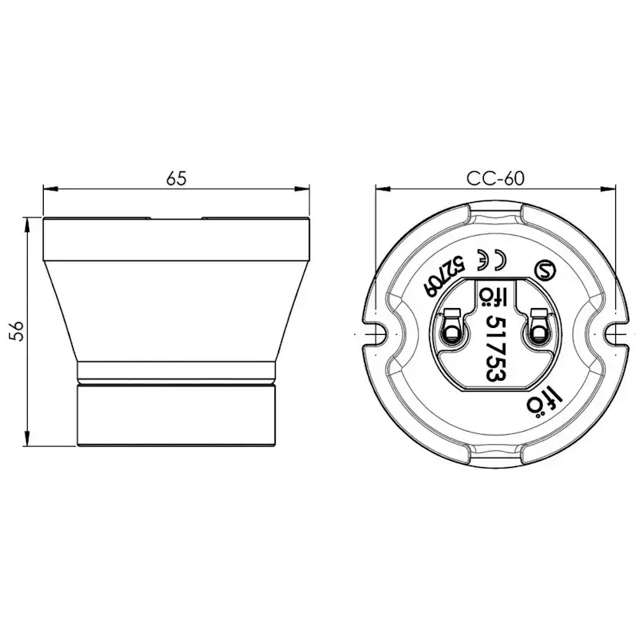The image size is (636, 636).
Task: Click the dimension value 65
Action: [177, 178]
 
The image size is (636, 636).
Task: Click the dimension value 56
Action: [18, 331]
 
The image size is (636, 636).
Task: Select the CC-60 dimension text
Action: [495, 178]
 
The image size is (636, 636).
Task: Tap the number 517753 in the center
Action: [495, 349]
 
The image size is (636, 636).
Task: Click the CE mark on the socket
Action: [490, 259]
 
